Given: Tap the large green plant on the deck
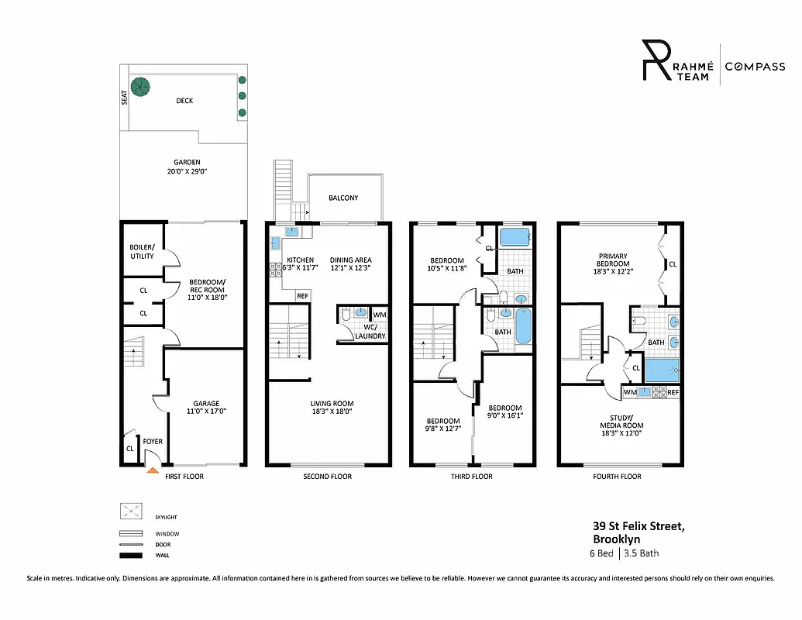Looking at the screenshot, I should click(x=140, y=87).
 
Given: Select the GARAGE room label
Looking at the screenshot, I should click(x=206, y=403).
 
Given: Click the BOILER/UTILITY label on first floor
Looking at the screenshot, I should click(x=141, y=252).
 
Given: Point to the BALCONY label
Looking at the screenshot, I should click(x=343, y=198).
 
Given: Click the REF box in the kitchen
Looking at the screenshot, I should click(x=302, y=296).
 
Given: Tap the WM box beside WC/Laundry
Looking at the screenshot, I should click(x=379, y=315).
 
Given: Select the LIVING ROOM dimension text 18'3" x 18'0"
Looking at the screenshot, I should click(x=332, y=412).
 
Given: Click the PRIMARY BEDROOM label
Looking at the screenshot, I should click(x=612, y=260).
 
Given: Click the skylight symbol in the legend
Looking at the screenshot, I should click(x=130, y=511).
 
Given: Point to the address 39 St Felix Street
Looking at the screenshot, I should click(x=639, y=527).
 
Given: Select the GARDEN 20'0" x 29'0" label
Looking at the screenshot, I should click(x=184, y=167).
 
